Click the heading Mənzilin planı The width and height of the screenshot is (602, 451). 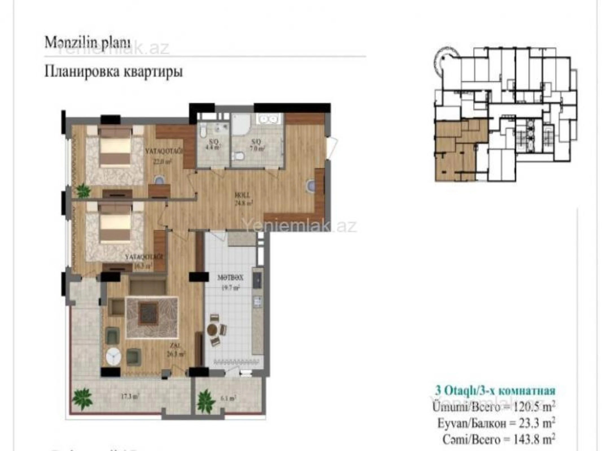coord(87,43)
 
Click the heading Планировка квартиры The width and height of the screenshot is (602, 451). coord(113,72)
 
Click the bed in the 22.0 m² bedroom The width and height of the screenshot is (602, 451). coord(115,149)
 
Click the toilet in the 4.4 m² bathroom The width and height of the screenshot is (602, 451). coord(203,132)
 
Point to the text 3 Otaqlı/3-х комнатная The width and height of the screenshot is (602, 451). coord(495,391)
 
